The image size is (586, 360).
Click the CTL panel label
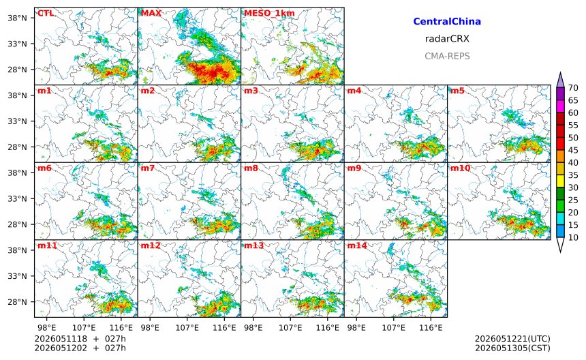(x=46, y=13)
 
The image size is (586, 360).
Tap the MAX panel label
(x=151, y=13)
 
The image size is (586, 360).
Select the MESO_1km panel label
(x=269, y=14)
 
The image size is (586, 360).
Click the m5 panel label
(x=458, y=91)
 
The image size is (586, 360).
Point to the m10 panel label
(x=460, y=168)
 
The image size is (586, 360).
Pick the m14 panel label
(x=357, y=245)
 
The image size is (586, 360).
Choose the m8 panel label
(x=251, y=168)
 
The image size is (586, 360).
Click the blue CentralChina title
(x=447, y=21)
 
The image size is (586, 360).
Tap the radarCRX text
(x=447, y=38)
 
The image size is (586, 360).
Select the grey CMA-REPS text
(x=447, y=56)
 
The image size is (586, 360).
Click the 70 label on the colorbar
(x=573, y=88)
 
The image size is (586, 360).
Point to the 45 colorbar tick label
(x=573, y=150)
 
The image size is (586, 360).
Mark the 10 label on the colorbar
(x=573, y=237)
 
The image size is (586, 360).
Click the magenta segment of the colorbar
(x=560, y=106)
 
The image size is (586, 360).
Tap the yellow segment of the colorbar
(x=560, y=181)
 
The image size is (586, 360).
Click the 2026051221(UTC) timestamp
(x=512, y=339)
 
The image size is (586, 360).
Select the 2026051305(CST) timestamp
(x=512, y=348)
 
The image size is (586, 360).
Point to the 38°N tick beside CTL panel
(x=17, y=18)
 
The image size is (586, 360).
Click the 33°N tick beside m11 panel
(x=17, y=276)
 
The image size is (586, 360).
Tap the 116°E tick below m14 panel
(x=431, y=328)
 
